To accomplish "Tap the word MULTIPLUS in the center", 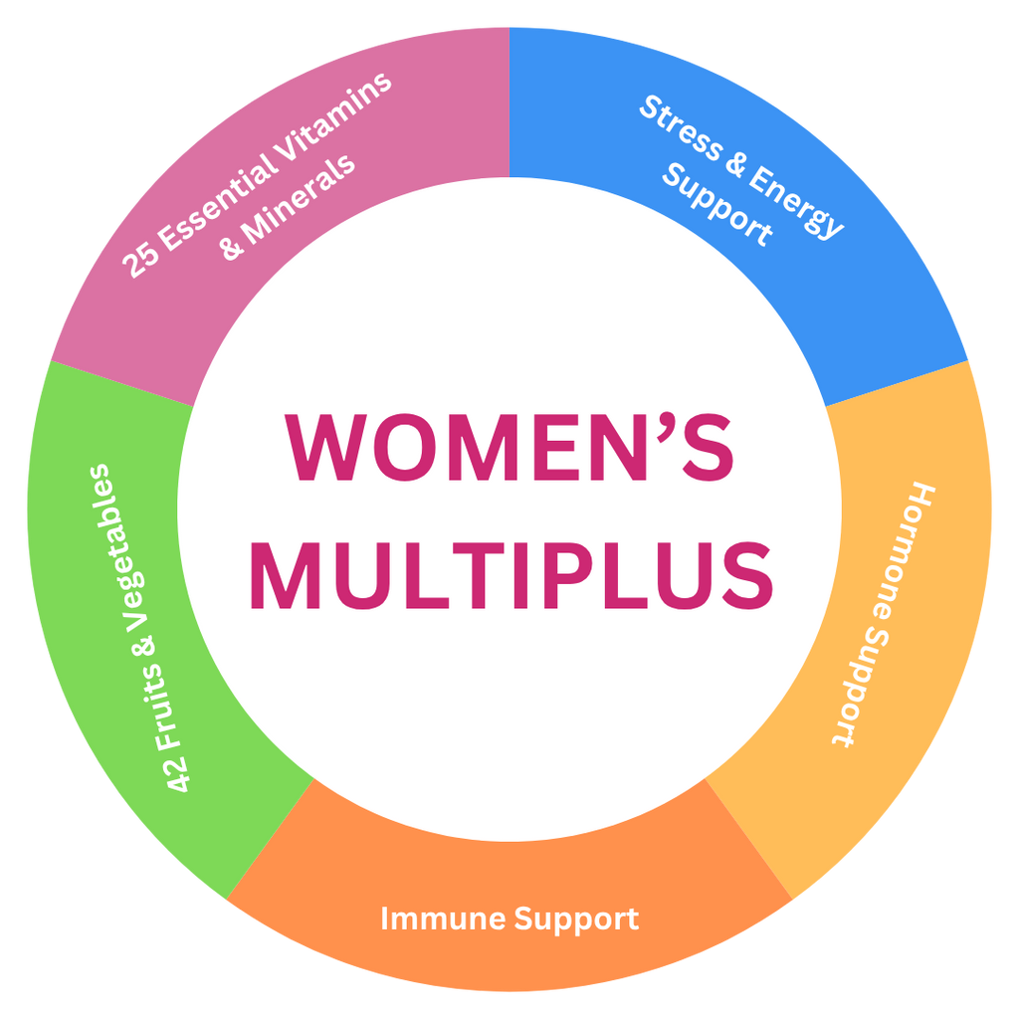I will coord(509,576).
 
